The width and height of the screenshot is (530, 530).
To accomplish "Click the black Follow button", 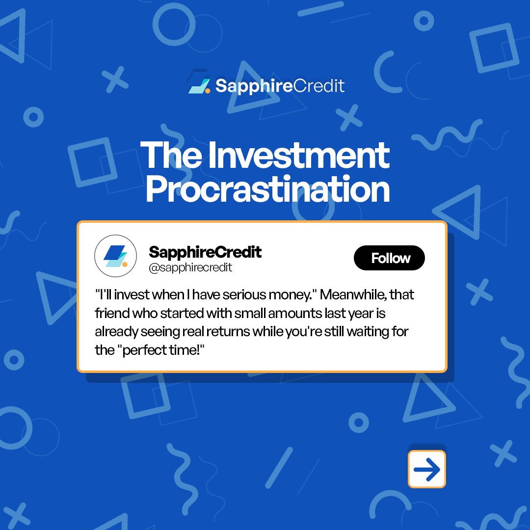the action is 389,258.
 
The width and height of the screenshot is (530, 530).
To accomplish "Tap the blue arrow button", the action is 426,469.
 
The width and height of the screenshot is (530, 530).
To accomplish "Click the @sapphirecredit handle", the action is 190,268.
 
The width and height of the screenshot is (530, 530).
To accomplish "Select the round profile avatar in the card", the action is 116,256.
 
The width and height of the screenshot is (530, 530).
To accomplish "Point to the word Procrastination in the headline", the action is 268,189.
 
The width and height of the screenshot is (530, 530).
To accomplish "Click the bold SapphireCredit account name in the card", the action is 205,252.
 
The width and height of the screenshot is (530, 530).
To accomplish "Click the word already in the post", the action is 116,332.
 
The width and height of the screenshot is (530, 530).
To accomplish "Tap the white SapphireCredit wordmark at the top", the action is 280,86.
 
